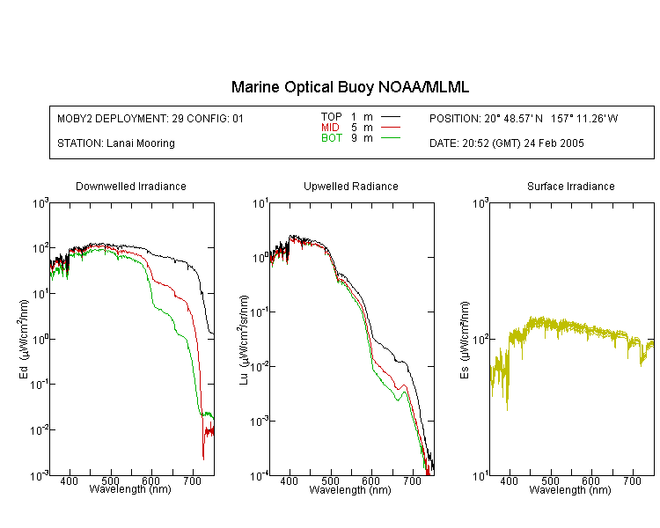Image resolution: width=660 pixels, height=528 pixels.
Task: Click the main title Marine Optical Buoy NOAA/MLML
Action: (349, 87)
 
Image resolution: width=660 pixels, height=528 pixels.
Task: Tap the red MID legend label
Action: (330, 127)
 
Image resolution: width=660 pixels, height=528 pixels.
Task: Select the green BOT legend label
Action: (331, 138)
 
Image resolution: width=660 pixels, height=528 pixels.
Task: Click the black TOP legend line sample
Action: (390, 117)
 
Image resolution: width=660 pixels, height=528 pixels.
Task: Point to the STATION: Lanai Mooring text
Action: (116, 143)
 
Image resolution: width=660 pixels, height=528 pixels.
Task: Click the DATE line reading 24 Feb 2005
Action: (506, 143)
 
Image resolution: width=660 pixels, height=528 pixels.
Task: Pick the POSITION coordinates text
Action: (524, 119)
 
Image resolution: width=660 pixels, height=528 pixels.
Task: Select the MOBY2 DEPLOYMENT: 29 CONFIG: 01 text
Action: (150, 119)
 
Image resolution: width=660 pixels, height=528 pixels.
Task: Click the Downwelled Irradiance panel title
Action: (131, 186)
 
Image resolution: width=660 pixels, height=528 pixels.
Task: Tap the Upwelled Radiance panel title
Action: (350, 186)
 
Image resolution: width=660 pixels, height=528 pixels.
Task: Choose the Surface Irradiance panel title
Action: (571, 186)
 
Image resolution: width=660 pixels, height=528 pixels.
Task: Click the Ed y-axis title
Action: (24, 339)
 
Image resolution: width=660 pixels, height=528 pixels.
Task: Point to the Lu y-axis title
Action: (244, 340)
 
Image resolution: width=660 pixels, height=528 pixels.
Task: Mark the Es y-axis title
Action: (465, 340)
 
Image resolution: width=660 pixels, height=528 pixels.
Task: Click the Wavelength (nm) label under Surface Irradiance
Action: (570, 489)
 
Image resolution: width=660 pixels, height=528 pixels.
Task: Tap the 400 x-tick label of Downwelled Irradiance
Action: (69, 480)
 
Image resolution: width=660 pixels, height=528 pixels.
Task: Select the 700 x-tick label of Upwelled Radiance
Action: (412, 480)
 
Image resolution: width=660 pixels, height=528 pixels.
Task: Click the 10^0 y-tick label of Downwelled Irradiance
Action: (40, 339)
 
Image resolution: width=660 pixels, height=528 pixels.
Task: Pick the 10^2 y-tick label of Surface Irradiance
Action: (480, 339)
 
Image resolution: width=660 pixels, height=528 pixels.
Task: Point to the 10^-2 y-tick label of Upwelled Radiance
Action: (259, 366)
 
